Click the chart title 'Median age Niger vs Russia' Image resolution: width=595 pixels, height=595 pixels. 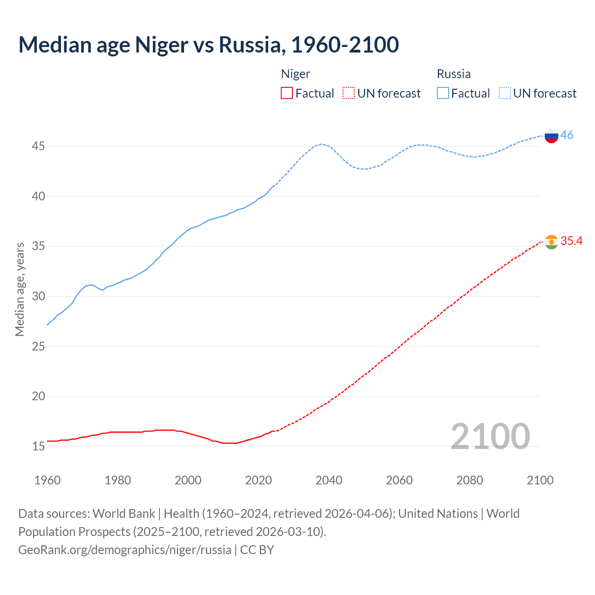pos(208,45)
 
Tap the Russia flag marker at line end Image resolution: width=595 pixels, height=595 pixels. pos(551,136)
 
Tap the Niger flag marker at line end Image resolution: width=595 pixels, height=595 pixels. pos(551,242)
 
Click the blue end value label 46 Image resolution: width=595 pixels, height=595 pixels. pos(567,135)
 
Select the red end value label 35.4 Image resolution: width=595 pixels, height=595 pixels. pos(571,241)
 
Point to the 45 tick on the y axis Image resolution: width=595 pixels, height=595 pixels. pos(38,146)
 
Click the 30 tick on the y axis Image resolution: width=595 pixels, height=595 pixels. pos(38,296)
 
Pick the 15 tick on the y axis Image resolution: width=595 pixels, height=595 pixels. pos(38,446)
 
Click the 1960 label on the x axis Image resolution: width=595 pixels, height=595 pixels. pos(47,480)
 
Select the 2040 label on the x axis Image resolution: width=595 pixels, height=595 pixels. pos(329,480)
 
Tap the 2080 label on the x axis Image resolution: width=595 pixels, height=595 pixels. pos(469,480)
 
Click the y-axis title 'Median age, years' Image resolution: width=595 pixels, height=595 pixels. pos(20,289)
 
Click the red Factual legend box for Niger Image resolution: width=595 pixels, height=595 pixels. pos(287,93)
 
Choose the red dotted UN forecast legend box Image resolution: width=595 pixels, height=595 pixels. pos(349,93)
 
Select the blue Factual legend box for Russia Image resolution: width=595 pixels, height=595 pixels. pos(443,93)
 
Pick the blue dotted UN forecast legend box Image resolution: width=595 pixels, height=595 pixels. pos(505,93)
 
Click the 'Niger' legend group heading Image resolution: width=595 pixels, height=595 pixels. pos(296,74)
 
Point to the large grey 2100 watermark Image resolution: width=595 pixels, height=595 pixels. pos(490,436)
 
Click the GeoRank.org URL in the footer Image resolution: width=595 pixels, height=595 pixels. pos(125,549)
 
